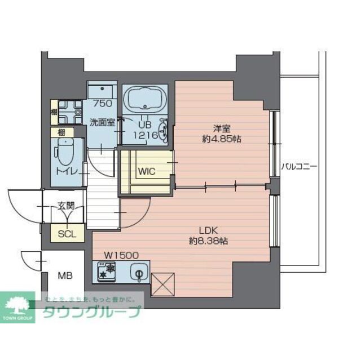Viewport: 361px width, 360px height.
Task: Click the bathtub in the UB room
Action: [144, 100]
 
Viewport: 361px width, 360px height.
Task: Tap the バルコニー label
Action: [299, 167]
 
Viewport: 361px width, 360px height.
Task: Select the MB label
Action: [67, 276]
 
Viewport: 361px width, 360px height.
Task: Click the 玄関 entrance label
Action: [65, 206]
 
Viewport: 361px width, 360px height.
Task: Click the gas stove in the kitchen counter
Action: [106, 273]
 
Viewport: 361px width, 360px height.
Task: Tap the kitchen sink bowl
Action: [138, 273]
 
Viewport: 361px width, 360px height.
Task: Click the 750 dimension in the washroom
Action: [102, 104]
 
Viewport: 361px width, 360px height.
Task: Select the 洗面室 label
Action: [102, 122]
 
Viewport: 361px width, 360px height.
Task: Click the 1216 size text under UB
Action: [144, 135]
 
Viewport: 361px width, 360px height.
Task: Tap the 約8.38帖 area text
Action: [208, 241]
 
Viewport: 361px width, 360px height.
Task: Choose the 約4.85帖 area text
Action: [222, 139]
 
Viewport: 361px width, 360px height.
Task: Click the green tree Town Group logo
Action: [19, 308]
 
